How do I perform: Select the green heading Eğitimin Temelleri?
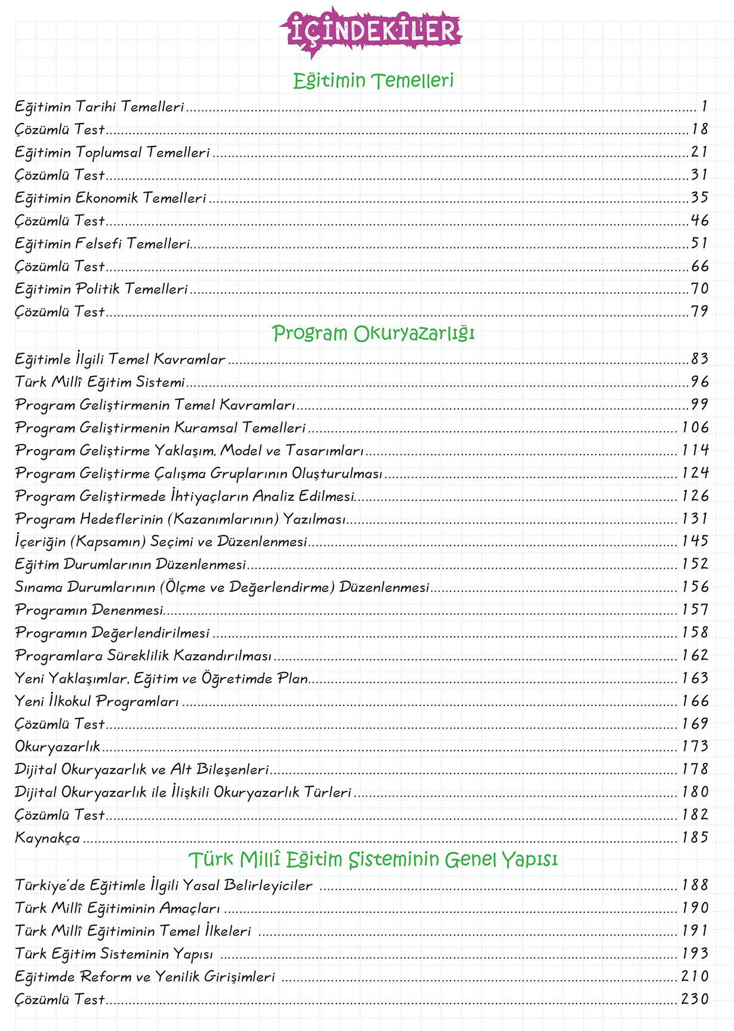(x=373, y=81)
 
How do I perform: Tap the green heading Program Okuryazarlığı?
(x=373, y=333)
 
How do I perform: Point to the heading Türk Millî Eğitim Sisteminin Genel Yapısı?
(x=373, y=860)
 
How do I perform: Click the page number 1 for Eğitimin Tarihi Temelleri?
(x=704, y=107)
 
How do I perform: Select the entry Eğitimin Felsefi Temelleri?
(x=102, y=243)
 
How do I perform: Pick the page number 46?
(x=699, y=221)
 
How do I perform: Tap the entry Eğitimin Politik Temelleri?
(x=101, y=289)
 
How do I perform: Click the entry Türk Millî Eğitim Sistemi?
(x=100, y=382)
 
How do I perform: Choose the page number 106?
(x=695, y=428)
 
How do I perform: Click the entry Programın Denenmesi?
(x=89, y=610)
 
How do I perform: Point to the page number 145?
(x=695, y=541)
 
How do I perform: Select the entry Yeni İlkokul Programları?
(x=97, y=701)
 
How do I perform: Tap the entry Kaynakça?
(x=47, y=838)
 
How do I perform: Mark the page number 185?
(x=695, y=838)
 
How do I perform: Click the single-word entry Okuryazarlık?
(x=57, y=747)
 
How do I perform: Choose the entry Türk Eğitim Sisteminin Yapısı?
(x=114, y=954)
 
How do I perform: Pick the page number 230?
(x=695, y=999)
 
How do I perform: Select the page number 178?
(x=695, y=769)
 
